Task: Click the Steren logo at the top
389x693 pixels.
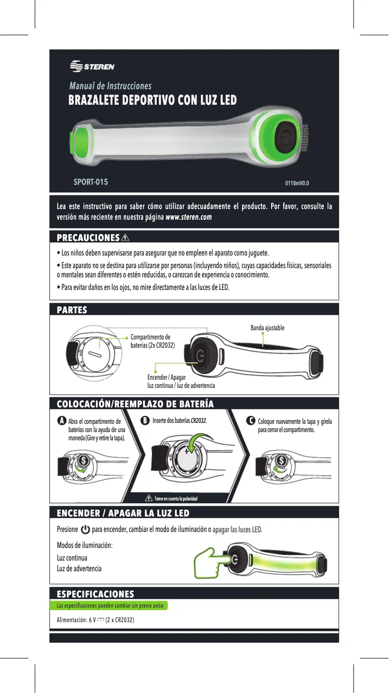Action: pyautogui.click(x=92, y=66)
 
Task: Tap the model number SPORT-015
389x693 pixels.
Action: pyautogui.click(x=91, y=182)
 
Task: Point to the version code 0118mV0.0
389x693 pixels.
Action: pyautogui.click(x=297, y=183)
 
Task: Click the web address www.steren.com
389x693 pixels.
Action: pyautogui.click(x=189, y=217)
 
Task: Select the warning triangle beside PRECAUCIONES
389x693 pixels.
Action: pyautogui.click(x=125, y=238)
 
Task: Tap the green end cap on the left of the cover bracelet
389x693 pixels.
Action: pyautogui.click(x=81, y=142)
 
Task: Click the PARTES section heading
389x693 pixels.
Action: pyautogui.click(x=72, y=310)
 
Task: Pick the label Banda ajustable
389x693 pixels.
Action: pyautogui.click(x=267, y=328)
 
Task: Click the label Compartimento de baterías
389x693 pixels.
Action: pyautogui.click(x=153, y=341)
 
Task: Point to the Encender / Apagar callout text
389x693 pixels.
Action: pyautogui.click(x=181, y=382)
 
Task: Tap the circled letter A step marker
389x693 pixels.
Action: pyautogui.click(x=62, y=421)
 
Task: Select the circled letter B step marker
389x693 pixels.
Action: pyautogui.click(x=145, y=421)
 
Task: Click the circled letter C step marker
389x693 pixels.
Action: pyautogui.click(x=251, y=421)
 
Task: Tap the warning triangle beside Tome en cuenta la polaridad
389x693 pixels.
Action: pyautogui.click(x=148, y=499)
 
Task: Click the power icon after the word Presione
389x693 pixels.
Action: pyautogui.click(x=85, y=530)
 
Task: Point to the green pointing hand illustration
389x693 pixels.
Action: pyautogui.click(x=213, y=563)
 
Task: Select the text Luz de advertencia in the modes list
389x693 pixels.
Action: pyautogui.click(x=79, y=569)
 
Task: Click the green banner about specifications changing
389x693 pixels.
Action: pyautogui.click(x=109, y=605)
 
